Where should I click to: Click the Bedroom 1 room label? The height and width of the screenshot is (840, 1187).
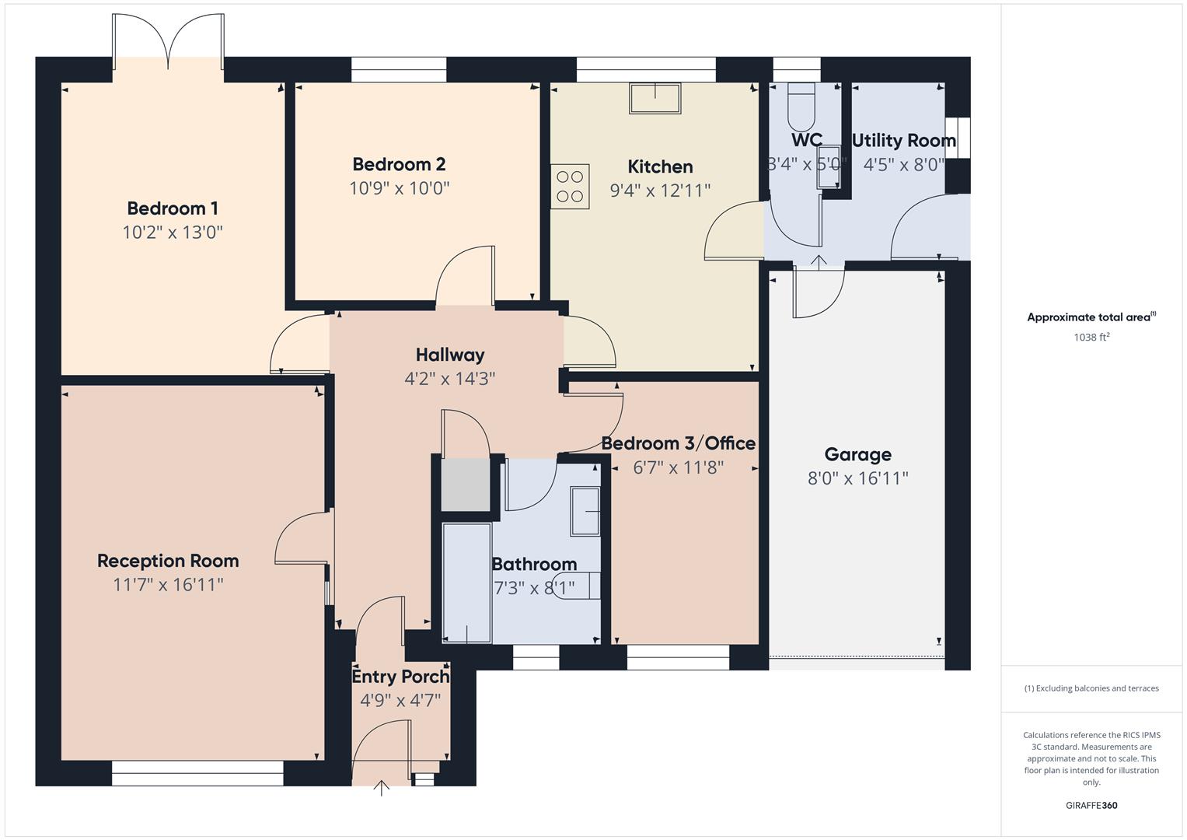click(173, 208)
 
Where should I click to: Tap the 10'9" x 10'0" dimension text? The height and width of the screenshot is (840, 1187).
click(399, 188)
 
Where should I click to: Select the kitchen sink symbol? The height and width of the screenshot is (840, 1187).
click(655, 99)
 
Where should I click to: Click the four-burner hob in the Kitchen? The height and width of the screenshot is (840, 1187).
click(570, 187)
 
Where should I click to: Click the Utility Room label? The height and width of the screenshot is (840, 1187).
click(903, 141)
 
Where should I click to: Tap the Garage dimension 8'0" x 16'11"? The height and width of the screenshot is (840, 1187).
click(857, 478)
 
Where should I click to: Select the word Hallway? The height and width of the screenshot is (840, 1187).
click(450, 355)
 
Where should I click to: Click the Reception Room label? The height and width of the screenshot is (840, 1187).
click(168, 561)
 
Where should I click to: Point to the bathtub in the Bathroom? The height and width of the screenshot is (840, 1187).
click(466, 583)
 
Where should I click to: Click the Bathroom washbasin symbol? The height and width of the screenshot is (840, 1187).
click(585, 511)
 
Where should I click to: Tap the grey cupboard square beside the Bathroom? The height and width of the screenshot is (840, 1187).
click(466, 485)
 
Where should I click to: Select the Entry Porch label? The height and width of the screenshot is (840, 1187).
click(400, 677)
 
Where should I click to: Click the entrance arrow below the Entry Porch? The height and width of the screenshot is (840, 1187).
click(381, 789)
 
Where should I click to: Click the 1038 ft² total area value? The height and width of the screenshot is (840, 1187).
click(1091, 338)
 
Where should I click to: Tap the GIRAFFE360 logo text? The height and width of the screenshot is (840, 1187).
click(1091, 806)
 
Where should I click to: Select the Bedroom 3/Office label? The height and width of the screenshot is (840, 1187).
click(678, 443)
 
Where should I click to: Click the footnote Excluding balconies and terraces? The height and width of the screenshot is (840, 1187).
click(1091, 688)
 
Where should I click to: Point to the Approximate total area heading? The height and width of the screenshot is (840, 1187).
click(1091, 317)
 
